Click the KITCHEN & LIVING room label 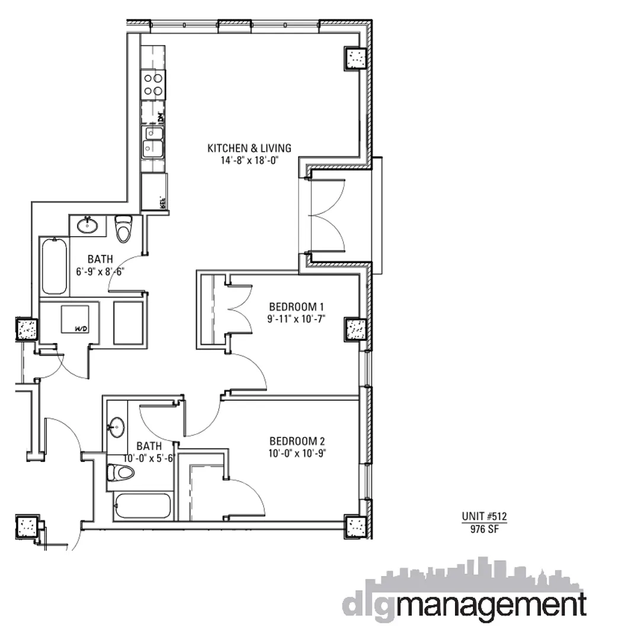pyautogui.click(x=249, y=148)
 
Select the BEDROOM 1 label pyautogui.click(x=297, y=307)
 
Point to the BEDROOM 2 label pyautogui.click(x=297, y=441)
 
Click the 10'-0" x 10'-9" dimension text pyautogui.click(x=297, y=453)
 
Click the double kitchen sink pyautogui.click(x=153, y=142)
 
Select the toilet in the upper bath pyautogui.click(x=123, y=228)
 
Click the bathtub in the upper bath pyautogui.click(x=54, y=266)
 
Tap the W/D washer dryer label pyautogui.click(x=81, y=328)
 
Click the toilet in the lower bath pyautogui.click(x=121, y=472)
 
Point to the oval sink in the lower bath pyautogui.click(x=117, y=425)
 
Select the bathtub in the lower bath pyautogui.click(x=143, y=506)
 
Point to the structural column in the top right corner pyautogui.click(x=357, y=59)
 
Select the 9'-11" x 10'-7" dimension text pyautogui.click(x=297, y=319)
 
